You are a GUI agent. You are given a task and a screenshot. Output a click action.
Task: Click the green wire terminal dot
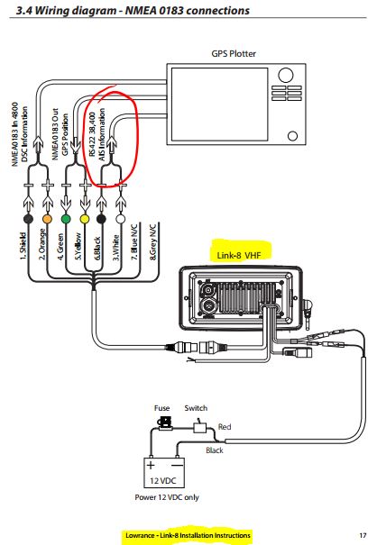tap(66, 219)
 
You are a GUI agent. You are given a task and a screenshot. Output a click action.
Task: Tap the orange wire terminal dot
tap(47, 219)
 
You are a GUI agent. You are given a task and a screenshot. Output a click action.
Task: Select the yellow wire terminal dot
tap(85, 219)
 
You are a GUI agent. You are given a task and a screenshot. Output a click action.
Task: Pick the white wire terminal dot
tap(121, 219)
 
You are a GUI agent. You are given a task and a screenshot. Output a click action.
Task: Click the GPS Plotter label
tap(234, 54)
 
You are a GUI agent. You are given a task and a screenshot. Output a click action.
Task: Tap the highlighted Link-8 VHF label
tap(239, 256)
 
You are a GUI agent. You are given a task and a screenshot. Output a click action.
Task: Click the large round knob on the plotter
tap(285, 76)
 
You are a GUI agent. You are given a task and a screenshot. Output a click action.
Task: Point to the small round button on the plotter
tap(293, 135)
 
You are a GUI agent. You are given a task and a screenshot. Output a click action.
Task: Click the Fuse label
tap(161, 408)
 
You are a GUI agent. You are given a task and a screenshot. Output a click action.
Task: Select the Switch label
tap(196, 408)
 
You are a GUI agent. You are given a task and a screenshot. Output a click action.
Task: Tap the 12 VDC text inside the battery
tap(163, 481)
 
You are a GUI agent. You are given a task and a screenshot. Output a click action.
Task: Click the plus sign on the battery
tap(151, 465)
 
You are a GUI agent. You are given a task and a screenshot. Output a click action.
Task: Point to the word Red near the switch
tap(225, 426)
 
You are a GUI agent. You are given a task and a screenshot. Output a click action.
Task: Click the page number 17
tap(363, 535)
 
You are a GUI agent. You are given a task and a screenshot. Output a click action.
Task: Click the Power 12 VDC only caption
tap(167, 497)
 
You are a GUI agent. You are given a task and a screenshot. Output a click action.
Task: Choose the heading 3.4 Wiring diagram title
tap(133, 11)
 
